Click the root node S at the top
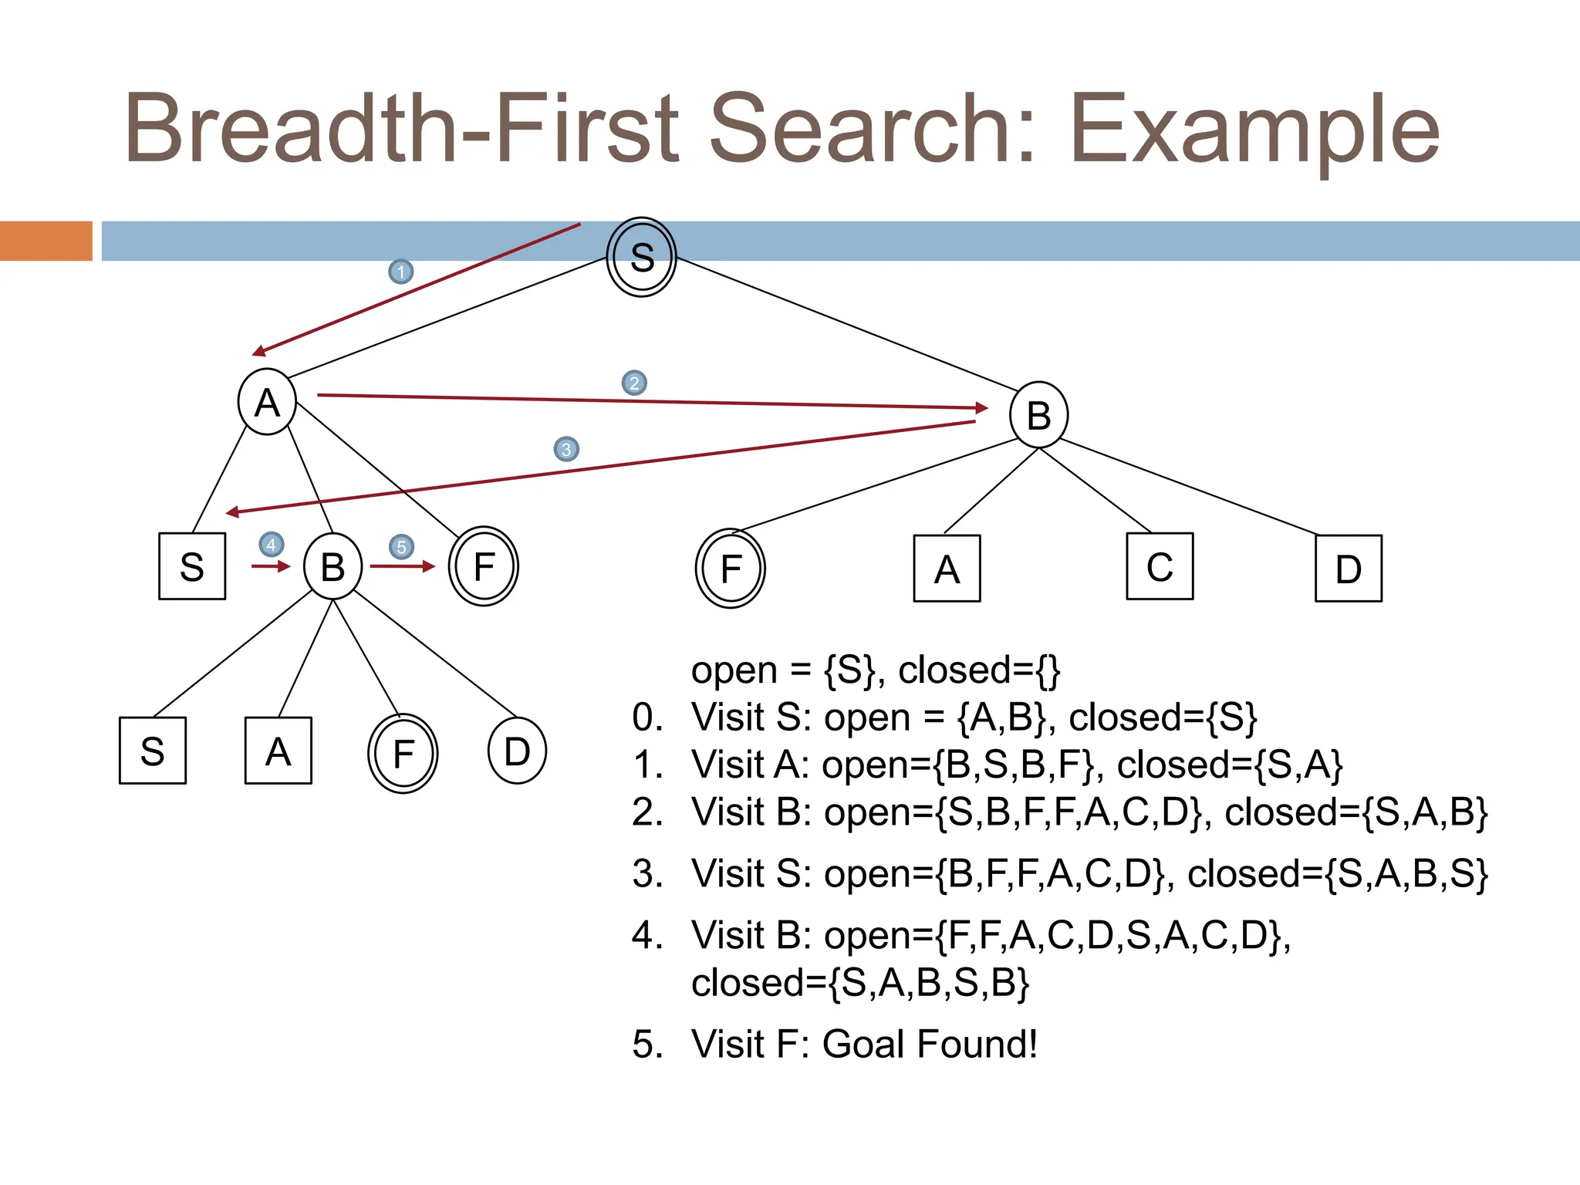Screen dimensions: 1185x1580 [x=641, y=257]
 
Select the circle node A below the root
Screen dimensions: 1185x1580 [x=267, y=402]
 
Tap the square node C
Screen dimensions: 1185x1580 [x=1160, y=566]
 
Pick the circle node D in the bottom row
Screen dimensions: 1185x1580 [x=517, y=751]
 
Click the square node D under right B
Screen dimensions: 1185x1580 [x=1348, y=569]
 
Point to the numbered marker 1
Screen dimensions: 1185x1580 [x=400, y=272]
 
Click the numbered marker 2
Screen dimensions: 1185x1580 [x=634, y=383]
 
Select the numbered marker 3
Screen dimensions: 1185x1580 [x=566, y=449]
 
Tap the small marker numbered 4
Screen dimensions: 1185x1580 [x=271, y=545]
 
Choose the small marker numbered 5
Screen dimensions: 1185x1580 [x=401, y=547]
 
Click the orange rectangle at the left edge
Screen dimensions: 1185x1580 [x=46, y=241]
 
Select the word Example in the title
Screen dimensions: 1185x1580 [x=1254, y=130]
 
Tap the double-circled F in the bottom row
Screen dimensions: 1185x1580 [x=403, y=753]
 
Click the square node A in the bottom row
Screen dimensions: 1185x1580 [x=278, y=751]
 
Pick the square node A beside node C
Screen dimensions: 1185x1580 [x=947, y=569]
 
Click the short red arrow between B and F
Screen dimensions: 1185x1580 [x=402, y=566]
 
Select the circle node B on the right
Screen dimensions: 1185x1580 [x=1038, y=415]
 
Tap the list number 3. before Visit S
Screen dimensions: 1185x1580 [x=647, y=874]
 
